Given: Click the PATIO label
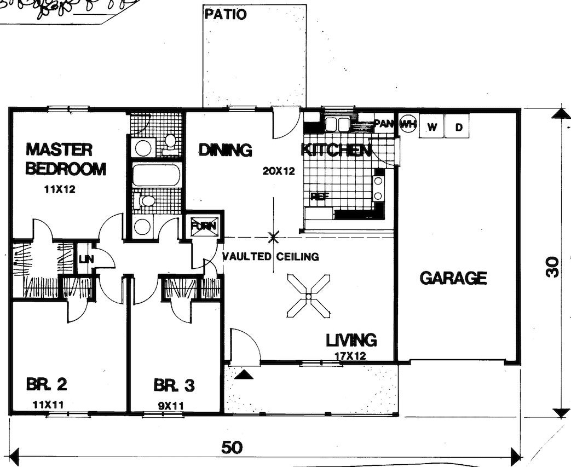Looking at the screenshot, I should pos(225,14).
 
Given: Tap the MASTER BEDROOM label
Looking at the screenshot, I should pos(66,159).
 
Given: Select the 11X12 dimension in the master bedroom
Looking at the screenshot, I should pos(59,191).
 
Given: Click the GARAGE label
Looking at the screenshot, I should pos(453,278).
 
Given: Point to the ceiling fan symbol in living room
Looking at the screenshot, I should pos(308,296).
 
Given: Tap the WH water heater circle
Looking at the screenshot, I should pos(407,125).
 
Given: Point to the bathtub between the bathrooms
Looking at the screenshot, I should pos(157,175).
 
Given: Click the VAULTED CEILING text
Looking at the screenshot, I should pos(270,256).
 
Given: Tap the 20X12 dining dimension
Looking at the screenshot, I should pos(279,171).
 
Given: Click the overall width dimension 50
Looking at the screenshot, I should pos(232,447).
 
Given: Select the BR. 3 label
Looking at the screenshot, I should pos(174,386).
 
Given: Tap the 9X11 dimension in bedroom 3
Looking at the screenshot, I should pos(170,406).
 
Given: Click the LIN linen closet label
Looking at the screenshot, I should pos(84,260).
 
